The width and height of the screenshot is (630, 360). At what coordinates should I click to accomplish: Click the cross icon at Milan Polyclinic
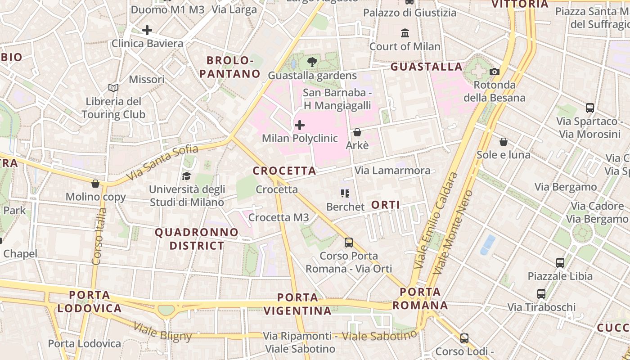300,125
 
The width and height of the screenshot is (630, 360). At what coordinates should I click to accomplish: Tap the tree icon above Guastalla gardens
312,62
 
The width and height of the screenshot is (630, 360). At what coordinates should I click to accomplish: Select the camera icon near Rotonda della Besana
495,72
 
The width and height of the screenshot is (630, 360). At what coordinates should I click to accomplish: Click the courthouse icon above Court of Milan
405,33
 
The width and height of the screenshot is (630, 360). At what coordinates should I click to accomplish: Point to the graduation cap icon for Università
186,176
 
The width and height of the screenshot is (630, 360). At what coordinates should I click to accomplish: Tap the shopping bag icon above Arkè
357,132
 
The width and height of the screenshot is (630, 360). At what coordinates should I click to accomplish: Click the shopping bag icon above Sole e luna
504,142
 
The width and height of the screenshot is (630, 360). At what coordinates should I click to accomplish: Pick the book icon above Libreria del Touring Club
113,88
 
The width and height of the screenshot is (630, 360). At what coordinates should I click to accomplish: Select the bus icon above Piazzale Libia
560,262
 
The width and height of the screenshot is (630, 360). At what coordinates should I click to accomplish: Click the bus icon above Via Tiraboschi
541,294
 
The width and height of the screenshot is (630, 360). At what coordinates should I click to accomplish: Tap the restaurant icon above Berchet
345,193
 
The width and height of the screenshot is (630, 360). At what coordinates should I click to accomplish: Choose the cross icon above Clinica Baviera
147,31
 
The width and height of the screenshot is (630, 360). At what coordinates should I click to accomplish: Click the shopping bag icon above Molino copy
95,184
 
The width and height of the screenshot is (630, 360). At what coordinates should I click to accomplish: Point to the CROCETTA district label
284,171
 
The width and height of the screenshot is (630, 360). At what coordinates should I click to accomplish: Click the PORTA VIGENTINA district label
297,304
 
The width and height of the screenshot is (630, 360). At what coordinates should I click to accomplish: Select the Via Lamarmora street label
392,171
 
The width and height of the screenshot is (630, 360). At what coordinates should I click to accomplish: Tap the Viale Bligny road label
163,332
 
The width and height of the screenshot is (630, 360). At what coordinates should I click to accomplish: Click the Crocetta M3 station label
279,218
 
